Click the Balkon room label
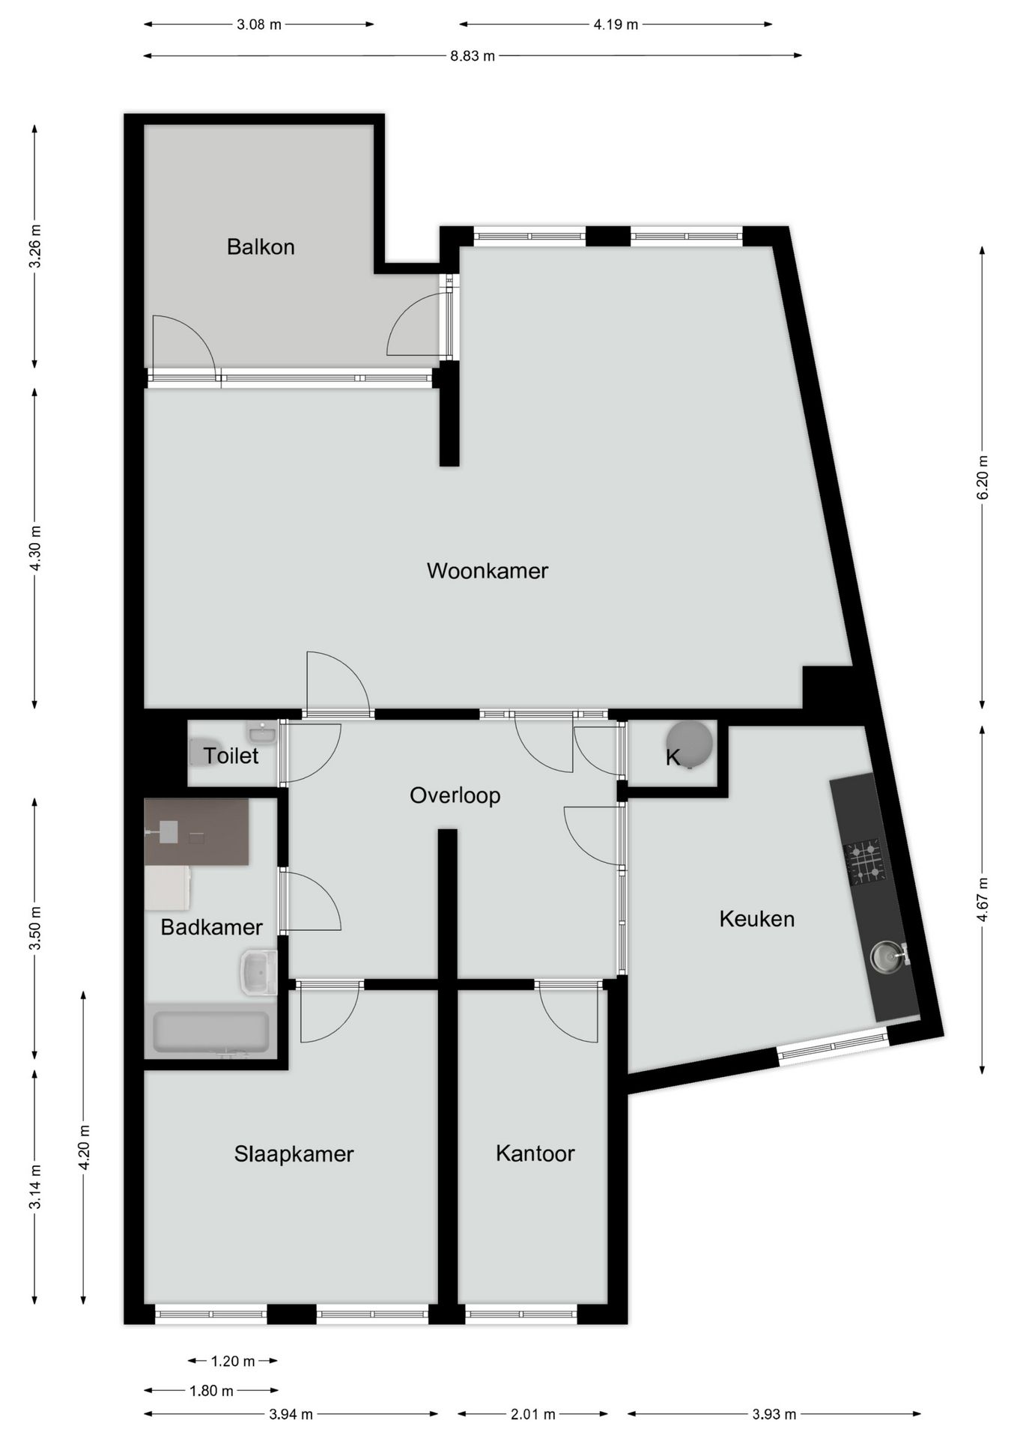coord(260,246)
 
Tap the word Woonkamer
coord(487,571)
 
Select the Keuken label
coord(756,919)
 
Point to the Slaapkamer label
coord(294,1154)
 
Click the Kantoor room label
coord(535,1153)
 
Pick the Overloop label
coord(455,795)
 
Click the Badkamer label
coord(211,927)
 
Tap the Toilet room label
coord(231,756)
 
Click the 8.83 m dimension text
coord(473,55)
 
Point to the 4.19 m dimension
coord(616,25)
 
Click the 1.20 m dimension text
coord(233,1361)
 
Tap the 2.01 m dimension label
coord(532,1414)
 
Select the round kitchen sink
coord(886,956)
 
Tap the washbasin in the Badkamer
coord(258,972)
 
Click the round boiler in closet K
coord(690,742)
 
